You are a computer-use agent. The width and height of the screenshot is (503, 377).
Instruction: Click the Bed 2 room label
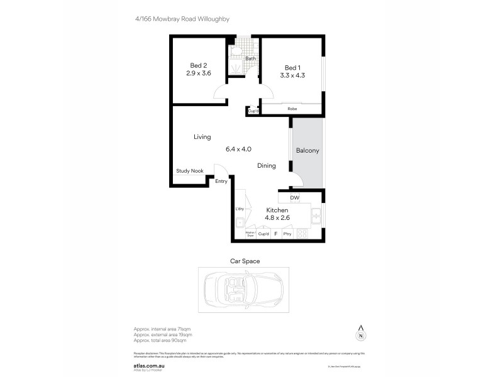tap(198, 65)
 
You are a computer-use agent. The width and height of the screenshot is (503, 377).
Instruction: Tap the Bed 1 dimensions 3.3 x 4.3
tap(292, 76)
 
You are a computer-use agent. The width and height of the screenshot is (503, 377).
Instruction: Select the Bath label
tap(250, 59)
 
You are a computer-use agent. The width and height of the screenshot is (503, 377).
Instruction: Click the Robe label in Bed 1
tap(292, 109)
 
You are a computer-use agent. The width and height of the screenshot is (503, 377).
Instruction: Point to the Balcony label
tap(307, 151)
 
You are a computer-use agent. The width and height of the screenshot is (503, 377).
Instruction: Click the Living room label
tap(202, 137)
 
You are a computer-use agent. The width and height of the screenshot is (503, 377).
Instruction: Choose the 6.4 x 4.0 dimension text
tap(238, 150)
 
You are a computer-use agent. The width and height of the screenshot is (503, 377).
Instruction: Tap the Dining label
tap(267, 166)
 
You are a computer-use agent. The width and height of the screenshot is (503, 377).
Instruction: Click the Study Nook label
tap(189, 171)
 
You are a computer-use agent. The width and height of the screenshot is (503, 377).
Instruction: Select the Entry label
tap(221, 182)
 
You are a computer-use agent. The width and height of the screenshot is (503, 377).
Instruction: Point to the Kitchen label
tap(277, 210)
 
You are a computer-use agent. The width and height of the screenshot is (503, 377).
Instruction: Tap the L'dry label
tap(240, 209)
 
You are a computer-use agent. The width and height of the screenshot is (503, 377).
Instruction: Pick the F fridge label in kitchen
tap(275, 234)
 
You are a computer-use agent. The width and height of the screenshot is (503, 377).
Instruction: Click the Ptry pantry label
tap(287, 234)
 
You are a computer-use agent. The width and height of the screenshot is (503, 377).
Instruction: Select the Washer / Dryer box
tap(250, 234)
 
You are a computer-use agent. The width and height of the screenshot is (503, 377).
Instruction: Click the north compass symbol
tap(361, 333)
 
